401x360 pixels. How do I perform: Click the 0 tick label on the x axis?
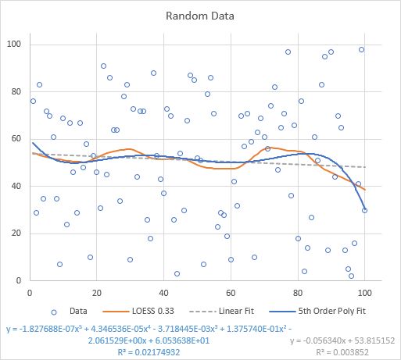point(29,292)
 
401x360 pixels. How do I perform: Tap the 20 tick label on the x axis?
point(96,292)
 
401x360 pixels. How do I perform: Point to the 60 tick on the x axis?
point(231,292)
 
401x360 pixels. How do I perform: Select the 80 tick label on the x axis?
point(298,292)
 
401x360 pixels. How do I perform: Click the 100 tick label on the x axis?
point(364,292)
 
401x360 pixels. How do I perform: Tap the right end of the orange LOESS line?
point(364,189)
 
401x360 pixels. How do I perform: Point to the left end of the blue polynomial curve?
point(32,143)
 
